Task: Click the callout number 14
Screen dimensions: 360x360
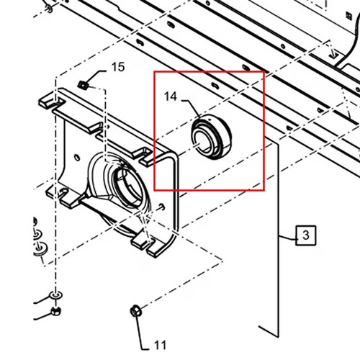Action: point(171,96)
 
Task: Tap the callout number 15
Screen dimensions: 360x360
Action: point(118,67)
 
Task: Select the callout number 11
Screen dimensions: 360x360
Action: point(160,346)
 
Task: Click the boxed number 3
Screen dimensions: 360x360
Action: point(305,235)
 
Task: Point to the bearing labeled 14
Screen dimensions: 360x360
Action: point(212,137)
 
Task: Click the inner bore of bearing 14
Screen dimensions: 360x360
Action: point(202,142)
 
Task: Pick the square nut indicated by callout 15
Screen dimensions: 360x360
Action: point(83,84)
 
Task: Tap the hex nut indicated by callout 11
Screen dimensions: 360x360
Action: point(136,311)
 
